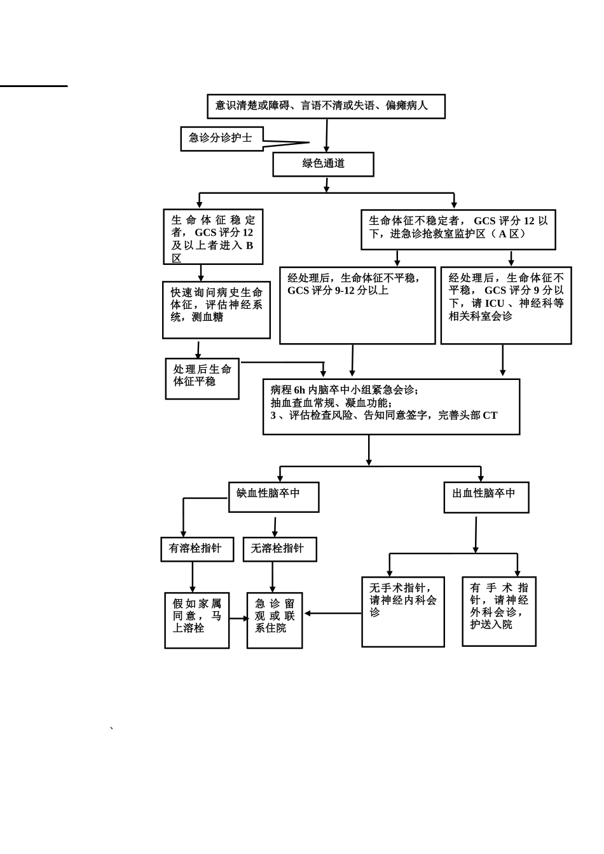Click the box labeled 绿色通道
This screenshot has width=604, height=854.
(x=323, y=165)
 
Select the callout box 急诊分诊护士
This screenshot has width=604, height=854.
(x=222, y=139)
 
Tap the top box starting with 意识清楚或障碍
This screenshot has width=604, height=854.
(x=326, y=106)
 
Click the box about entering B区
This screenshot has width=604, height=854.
(x=213, y=236)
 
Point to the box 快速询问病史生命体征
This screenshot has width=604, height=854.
(x=216, y=310)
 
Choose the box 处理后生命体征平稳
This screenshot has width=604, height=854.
(x=202, y=379)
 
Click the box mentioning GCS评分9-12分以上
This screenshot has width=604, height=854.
(x=357, y=306)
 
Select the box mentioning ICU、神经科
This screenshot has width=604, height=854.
(x=506, y=306)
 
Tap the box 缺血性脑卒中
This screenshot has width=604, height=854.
(x=273, y=497)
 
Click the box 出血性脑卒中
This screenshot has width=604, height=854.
(x=486, y=497)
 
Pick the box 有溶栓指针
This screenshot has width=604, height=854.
(x=197, y=550)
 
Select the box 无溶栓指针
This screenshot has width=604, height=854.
(x=280, y=550)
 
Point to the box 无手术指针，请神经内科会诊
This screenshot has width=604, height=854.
(x=403, y=612)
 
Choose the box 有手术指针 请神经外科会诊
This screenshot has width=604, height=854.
(x=498, y=611)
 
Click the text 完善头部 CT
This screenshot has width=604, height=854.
(x=468, y=415)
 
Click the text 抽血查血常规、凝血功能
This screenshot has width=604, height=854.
(x=330, y=403)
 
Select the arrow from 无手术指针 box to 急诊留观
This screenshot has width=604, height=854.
(x=333, y=613)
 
